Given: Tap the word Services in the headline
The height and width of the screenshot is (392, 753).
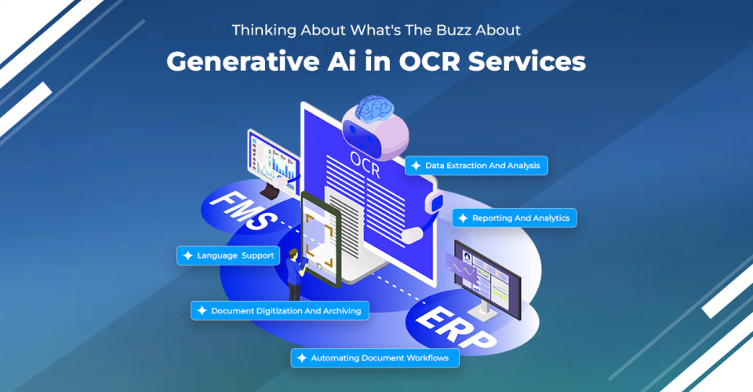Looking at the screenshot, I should point(534,61).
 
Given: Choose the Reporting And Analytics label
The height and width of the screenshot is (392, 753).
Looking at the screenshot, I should point(515,218).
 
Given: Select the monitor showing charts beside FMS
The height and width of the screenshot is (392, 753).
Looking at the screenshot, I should point(272,157).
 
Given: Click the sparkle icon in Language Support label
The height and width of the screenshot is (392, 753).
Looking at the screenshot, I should point(187,255).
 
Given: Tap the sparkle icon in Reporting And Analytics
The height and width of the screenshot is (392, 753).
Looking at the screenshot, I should point(463,218).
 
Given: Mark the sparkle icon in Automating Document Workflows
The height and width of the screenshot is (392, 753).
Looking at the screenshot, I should point(301,358).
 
